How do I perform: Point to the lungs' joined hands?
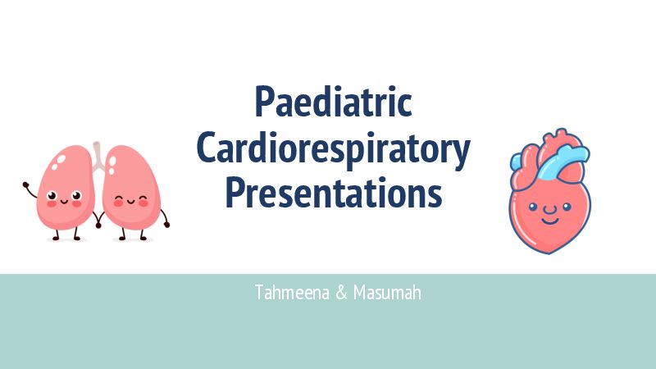point(98,219)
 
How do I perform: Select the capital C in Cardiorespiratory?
point(208,149)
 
